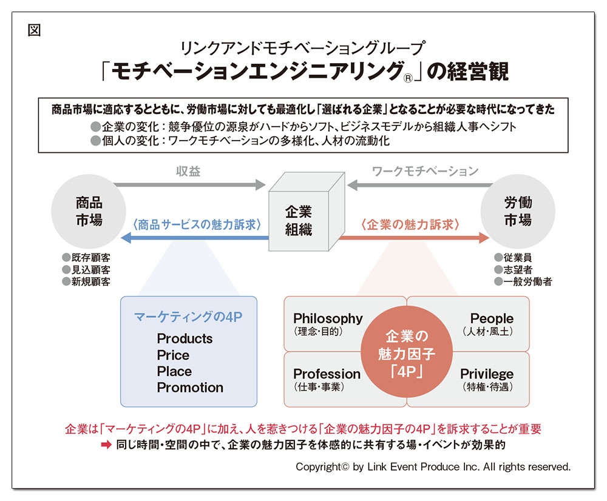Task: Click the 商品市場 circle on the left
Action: point(89,211)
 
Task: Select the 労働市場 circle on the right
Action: point(518,211)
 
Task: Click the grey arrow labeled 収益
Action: point(189,184)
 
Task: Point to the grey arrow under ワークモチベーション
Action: point(421,185)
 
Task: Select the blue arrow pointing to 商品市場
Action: point(195,238)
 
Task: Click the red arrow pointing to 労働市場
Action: point(414,238)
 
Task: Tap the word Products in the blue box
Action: point(185,338)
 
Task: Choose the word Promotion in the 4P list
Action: point(190,387)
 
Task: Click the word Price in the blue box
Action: point(173,355)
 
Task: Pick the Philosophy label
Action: point(328,318)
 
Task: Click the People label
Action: point(492,318)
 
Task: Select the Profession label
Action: point(327,374)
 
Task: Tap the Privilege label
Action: point(487,374)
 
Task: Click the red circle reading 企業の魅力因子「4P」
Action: point(407,352)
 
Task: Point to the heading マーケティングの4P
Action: point(188,317)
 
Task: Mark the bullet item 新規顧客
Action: point(86,281)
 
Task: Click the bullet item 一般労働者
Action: point(523,281)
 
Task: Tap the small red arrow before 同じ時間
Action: point(106,445)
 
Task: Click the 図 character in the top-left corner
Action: point(35,30)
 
